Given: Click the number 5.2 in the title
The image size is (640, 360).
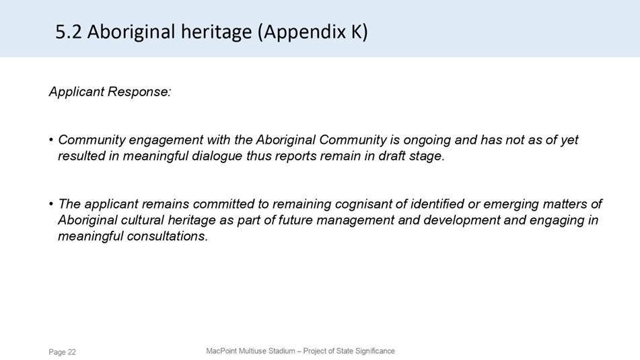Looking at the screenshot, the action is tap(69, 32).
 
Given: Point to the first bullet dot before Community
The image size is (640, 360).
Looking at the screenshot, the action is tap(51, 140).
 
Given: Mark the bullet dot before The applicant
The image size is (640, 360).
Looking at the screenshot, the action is tap(51, 204).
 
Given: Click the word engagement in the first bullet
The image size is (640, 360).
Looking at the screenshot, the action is tap(166, 141).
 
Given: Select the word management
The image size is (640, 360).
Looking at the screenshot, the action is tap(355, 221).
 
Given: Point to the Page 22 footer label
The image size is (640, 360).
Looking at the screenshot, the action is tap(62, 352).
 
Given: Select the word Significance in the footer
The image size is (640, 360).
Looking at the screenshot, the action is tap(375, 351).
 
